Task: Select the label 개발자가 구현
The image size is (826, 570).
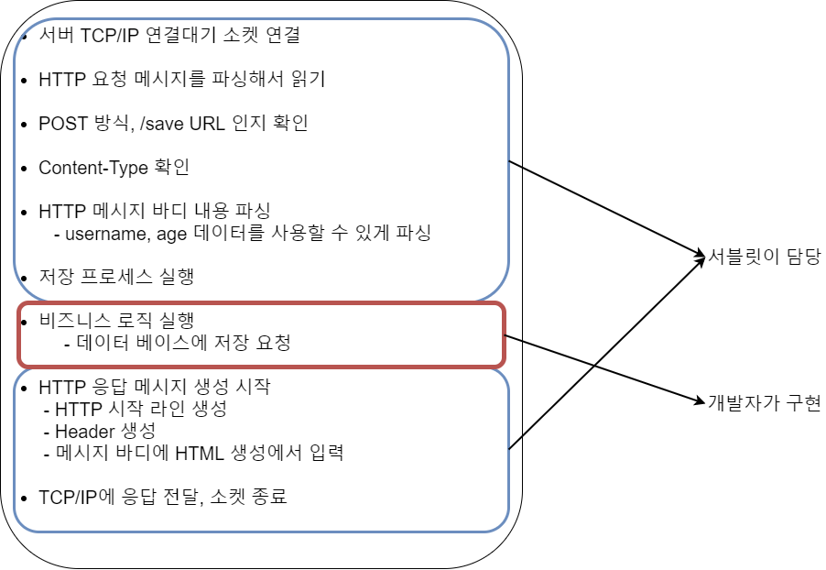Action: (x=765, y=401)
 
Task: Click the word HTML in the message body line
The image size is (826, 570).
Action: (x=200, y=452)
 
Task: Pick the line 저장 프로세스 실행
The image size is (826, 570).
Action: (x=116, y=276)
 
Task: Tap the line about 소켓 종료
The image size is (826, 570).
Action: (x=163, y=498)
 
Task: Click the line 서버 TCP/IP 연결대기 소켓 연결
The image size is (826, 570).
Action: (x=169, y=37)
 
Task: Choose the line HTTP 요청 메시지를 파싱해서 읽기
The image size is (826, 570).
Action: (x=181, y=79)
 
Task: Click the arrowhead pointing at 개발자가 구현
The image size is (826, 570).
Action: (x=698, y=398)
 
